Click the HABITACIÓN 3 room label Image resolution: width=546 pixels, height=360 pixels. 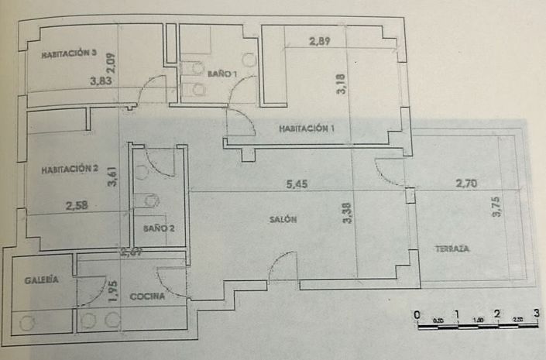point(69,54)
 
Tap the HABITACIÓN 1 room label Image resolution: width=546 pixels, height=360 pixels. point(307,129)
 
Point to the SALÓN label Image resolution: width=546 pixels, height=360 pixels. point(283,220)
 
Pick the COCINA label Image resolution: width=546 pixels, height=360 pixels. point(146,296)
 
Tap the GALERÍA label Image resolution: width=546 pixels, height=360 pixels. point(39,281)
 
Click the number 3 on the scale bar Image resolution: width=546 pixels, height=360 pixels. point(537,314)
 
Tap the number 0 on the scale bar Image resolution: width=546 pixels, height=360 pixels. point(417,314)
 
